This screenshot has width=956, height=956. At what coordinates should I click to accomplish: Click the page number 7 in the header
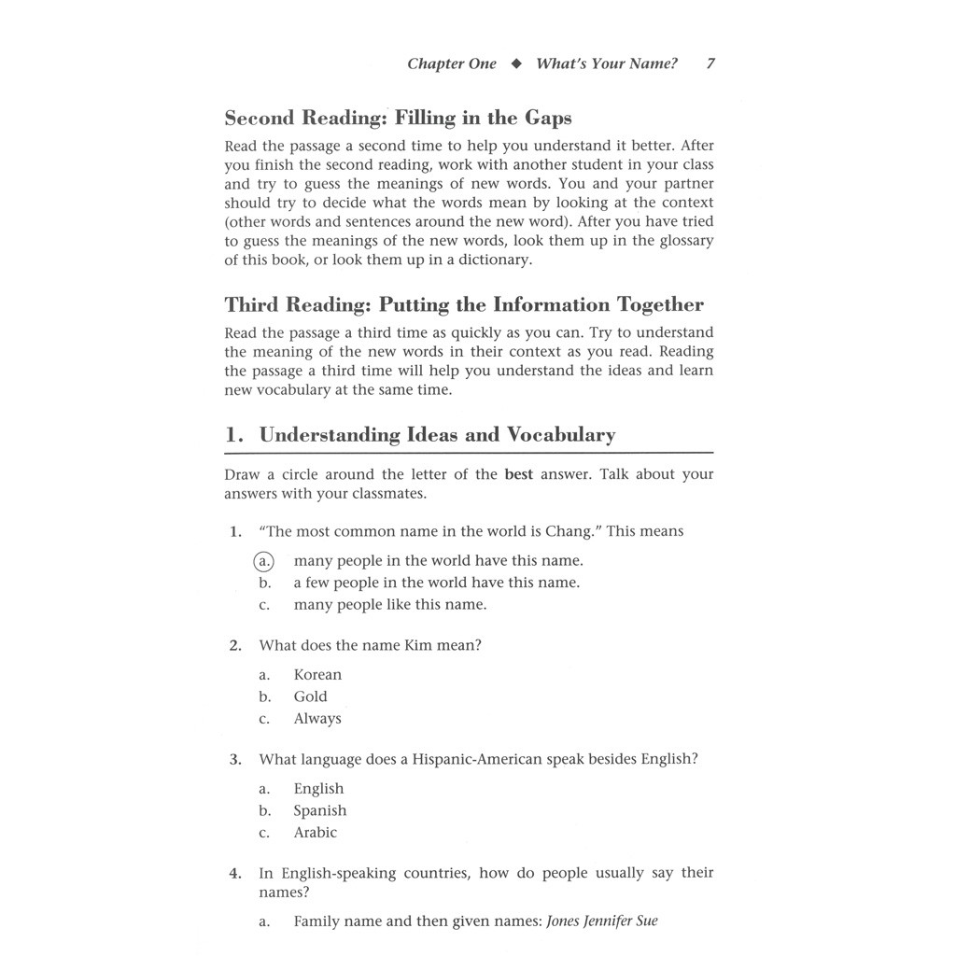click(x=710, y=64)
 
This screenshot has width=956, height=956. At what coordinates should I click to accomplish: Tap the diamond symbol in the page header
click(x=516, y=64)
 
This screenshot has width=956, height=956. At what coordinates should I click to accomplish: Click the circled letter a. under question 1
click(x=265, y=561)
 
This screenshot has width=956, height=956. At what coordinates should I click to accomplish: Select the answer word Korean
click(x=317, y=675)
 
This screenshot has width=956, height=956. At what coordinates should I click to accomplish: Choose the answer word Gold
click(x=310, y=696)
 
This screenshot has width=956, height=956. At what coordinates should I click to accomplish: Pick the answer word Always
click(x=317, y=719)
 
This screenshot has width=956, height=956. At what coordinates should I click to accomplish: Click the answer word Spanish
click(x=319, y=811)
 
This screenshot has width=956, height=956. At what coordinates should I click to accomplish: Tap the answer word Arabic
click(x=315, y=833)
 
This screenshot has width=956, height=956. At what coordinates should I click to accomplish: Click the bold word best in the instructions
click(x=518, y=474)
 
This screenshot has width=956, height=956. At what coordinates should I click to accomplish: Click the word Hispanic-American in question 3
click(x=477, y=759)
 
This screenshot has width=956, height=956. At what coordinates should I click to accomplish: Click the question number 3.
click(x=234, y=760)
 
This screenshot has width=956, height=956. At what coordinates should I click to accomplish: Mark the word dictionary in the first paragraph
click(x=496, y=260)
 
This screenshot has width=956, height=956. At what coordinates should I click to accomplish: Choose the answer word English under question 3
click(x=318, y=789)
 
